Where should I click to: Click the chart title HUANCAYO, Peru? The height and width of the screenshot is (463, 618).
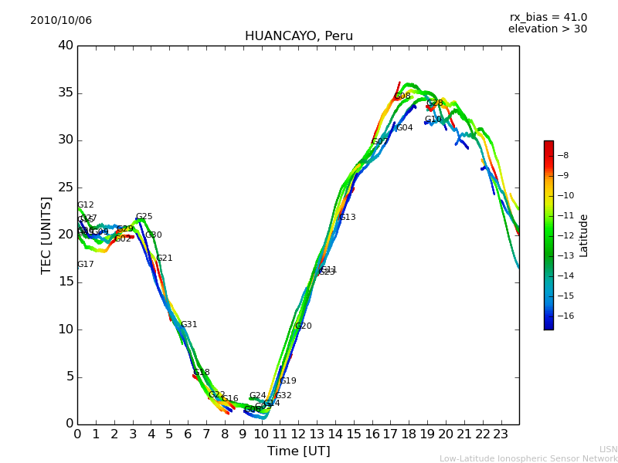click(298, 36)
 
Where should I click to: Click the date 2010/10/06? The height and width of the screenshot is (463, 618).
click(61, 21)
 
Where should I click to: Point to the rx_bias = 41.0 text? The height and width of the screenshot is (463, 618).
click(548, 18)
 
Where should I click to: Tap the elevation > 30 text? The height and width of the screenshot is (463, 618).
click(547, 29)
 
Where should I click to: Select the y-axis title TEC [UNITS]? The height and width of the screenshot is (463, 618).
click(46, 235)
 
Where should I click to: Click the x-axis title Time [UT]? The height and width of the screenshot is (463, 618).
click(298, 451)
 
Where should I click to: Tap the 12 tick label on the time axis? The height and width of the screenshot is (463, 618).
click(298, 434)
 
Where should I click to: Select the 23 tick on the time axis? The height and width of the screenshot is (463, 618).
click(501, 434)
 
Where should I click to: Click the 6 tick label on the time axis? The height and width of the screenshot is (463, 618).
click(188, 434)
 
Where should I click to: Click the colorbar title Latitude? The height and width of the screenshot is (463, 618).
click(584, 235)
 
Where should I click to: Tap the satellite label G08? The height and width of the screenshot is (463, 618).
click(402, 96)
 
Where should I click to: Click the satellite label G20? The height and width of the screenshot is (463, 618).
click(304, 326)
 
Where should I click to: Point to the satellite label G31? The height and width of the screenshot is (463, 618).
click(189, 325)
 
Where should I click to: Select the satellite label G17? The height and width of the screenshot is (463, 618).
click(86, 265)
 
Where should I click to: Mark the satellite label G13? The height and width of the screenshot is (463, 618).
click(348, 218)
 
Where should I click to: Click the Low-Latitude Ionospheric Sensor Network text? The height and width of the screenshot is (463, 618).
click(528, 459)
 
